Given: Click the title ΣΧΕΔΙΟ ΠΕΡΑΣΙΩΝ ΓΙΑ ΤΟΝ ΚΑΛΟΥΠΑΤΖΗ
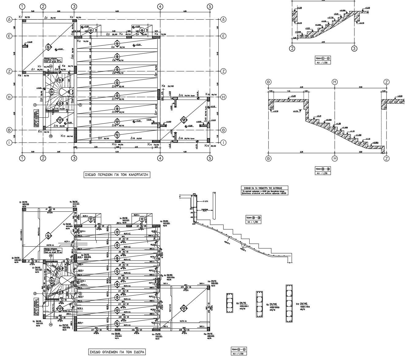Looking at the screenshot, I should click(116, 175).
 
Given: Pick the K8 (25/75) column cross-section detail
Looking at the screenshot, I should click(230, 303).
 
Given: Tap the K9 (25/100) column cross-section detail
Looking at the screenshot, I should click(259, 301).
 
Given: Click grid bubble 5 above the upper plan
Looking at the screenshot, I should click(210, 7).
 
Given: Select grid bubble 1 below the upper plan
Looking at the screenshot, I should click(22, 158).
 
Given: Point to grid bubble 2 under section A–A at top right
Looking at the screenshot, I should click(293, 48).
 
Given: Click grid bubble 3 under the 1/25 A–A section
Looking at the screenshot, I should click(354, 48).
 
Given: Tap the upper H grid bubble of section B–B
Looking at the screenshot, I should click(335, 82).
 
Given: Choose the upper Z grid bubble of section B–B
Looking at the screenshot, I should click(387, 82).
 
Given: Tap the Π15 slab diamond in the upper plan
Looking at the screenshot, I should click(183, 120).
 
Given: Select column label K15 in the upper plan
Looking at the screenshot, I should click(207, 146).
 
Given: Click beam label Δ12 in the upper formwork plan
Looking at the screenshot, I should click(181, 95).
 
